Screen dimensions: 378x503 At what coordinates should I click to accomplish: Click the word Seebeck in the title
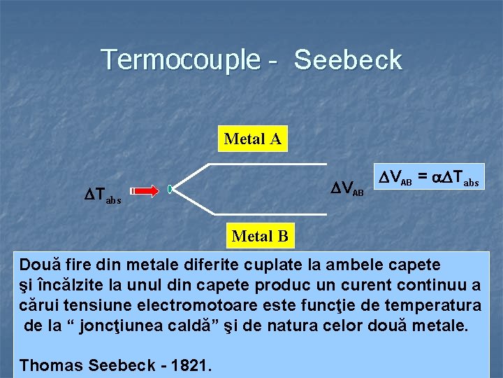click(x=348, y=60)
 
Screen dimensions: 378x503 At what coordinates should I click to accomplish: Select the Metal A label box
click(x=253, y=139)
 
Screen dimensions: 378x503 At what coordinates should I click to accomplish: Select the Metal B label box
click(x=260, y=236)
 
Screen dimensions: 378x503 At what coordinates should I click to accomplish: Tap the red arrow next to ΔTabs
click(x=145, y=189)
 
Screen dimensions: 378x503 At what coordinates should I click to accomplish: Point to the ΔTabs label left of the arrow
click(x=103, y=195)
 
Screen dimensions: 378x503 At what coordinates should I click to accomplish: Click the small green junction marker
click(x=170, y=189)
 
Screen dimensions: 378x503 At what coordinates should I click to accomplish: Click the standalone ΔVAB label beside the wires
click(x=347, y=188)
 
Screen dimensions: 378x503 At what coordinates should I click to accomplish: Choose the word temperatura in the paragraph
click(x=437, y=305)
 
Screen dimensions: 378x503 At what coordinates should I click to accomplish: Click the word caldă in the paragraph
click(x=178, y=325)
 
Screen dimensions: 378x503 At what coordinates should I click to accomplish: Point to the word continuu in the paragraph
click(x=431, y=285)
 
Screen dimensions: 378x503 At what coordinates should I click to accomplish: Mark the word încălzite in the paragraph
click(x=69, y=285)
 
